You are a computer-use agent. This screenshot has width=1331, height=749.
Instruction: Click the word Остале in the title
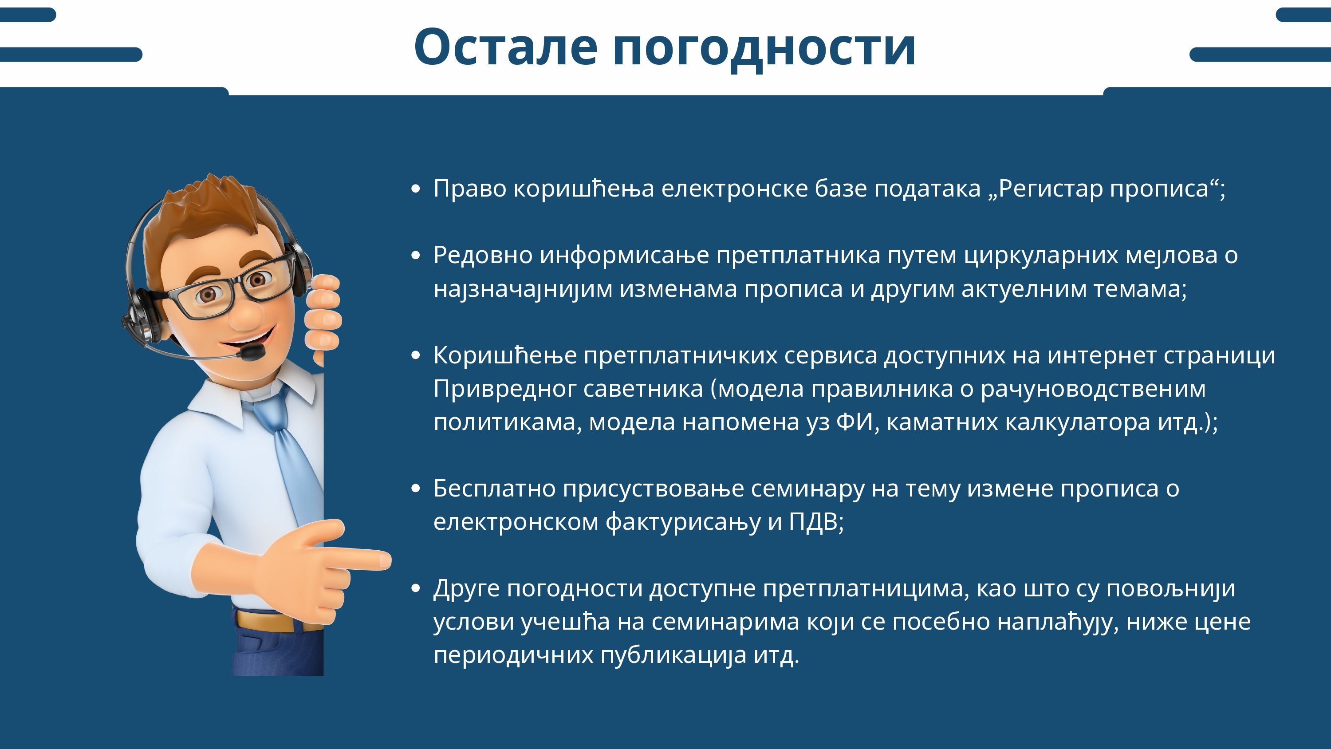point(506,47)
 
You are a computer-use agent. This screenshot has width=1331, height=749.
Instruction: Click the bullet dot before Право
point(415,189)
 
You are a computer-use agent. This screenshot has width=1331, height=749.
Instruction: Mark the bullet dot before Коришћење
point(415,355)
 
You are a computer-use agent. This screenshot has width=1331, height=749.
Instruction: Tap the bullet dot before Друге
point(415,589)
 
